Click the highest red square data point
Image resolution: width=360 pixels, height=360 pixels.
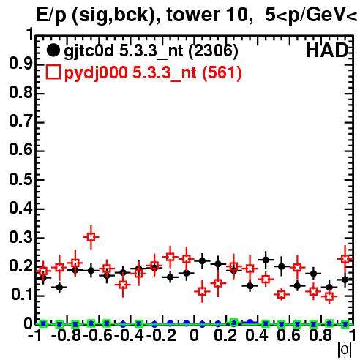pyautogui.click(x=91, y=237)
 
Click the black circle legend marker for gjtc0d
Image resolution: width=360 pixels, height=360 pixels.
pyautogui.click(x=53, y=50)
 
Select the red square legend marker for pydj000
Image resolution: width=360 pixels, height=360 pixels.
pyautogui.click(x=53, y=72)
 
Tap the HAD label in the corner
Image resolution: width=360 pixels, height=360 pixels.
pyautogui.click(x=327, y=50)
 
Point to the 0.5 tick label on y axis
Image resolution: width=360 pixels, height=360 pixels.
pyautogui.click(x=20, y=179)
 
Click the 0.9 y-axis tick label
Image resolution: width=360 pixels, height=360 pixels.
pyautogui.click(x=20, y=64)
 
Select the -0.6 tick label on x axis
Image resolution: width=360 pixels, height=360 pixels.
pyautogui.click(x=98, y=335)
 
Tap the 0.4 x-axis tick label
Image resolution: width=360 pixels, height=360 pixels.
pyautogui.click(x=257, y=335)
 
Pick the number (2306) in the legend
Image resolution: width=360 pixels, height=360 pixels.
pyautogui.click(x=213, y=51)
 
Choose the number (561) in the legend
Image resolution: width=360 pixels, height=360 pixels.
pyautogui.click(x=222, y=72)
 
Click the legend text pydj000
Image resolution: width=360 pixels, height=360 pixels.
pyautogui.click(x=96, y=73)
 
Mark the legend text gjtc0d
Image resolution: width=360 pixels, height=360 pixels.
pyautogui.click(x=89, y=51)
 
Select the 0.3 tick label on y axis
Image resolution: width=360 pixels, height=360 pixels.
pyautogui.click(x=20, y=237)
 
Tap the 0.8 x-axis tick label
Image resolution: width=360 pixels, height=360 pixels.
pyautogui.click(x=320, y=335)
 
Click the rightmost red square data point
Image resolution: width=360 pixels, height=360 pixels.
pyautogui.click(x=345, y=259)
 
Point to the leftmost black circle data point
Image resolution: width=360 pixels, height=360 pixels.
pyautogui.click(x=43, y=277)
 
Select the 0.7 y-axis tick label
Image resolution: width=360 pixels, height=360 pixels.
pyautogui.click(x=20, y=121)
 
